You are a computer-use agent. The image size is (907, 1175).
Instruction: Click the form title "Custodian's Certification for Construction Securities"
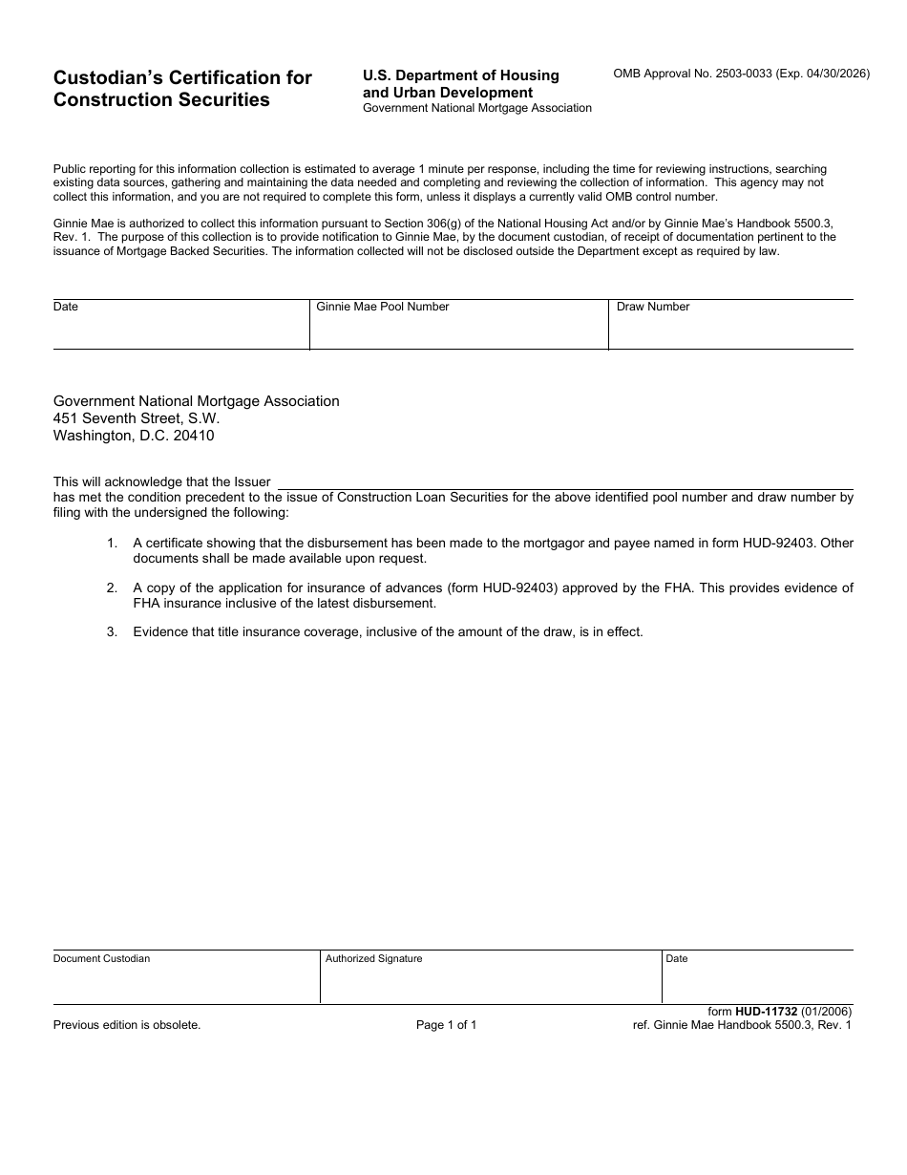pos(182,89)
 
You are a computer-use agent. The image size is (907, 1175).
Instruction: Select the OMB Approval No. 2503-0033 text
pos(741,74)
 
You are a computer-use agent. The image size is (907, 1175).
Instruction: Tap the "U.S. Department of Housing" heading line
pos(460,75)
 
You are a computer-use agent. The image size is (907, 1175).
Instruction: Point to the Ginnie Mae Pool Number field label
pos(383,307)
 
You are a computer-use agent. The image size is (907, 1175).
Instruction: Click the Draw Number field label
pos(653,307)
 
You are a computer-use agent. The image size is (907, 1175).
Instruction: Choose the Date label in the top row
pos(66,307)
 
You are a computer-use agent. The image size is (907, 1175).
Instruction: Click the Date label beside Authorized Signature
pos(676,958)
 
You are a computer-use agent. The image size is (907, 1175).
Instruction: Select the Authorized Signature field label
pos(373,958)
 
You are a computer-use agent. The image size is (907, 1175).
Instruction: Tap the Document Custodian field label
pos(101,958)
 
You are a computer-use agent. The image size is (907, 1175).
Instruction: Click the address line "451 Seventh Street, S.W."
pos(137,418)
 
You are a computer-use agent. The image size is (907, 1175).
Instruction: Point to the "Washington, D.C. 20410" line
pos(134,436)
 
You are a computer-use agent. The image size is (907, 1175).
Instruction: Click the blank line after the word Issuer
pos(563,482)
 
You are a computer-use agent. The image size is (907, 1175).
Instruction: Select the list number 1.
pos(112,543)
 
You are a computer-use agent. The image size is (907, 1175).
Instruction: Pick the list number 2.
pos(112,587)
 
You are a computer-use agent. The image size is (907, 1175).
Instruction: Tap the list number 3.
pos(112,631)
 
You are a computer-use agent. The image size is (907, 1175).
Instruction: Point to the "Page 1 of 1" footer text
pos(446,1025)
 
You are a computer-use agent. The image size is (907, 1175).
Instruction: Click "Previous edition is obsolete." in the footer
pos(127,1025)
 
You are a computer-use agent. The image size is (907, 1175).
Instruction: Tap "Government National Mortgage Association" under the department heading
pos(476,108)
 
